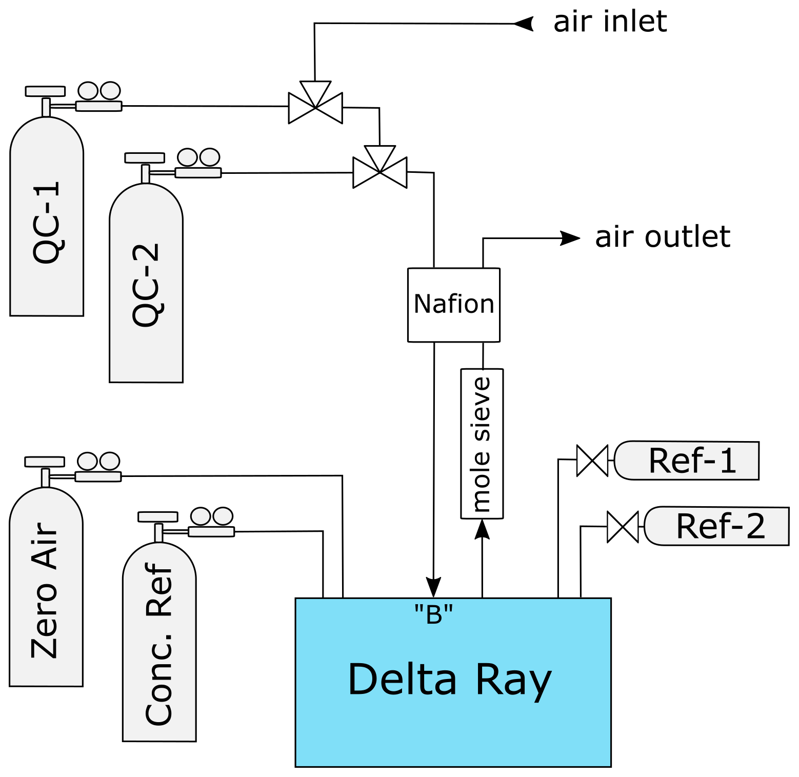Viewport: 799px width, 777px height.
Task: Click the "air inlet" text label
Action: [610, 22]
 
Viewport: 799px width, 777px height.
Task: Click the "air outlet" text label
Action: [662, 237]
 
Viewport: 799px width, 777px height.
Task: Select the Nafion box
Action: [453, 304]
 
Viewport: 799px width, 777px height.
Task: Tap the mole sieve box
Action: [482, 444]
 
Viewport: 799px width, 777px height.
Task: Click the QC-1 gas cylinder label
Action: [47, 223]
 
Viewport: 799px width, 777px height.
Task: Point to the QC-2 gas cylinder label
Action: [146, 285]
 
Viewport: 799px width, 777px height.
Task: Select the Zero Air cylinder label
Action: [45, 590]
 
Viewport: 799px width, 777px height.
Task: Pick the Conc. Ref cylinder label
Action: [159, 644]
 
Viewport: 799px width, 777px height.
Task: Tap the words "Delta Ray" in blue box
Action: [449, 679]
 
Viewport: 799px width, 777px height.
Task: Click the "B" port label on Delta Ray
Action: [434, 613]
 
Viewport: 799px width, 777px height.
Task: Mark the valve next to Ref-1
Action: [592, 461]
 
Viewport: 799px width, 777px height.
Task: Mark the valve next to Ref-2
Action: [623, 527]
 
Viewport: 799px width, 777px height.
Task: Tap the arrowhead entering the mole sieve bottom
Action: [482, 529]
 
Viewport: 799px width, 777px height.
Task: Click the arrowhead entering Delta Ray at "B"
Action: [434, 587]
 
